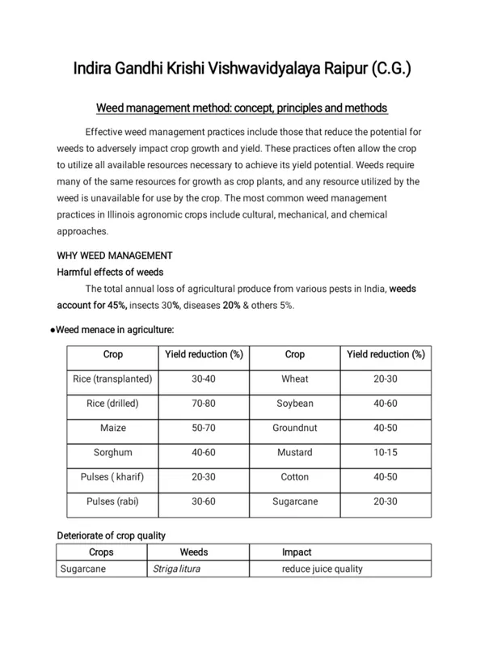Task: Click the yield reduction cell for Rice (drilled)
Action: pos(203,404)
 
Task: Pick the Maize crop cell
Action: pos(112,428)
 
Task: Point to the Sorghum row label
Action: pos(112,452)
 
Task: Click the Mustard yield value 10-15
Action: pos(386,452)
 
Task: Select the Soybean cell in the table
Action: pos(294,404)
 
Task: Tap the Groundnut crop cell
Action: pos(294,428)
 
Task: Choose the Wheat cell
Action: pos(294,379)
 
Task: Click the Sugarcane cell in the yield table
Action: pos(294,501)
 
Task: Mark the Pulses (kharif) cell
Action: pos(112,476)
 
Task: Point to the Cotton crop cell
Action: pos(294,476)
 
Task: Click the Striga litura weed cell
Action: pos(176,569)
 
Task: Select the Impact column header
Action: pos(297,552)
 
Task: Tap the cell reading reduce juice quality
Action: pos(322,569)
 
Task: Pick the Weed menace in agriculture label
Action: pos(115,329)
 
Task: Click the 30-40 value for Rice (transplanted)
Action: pos(203,379)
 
